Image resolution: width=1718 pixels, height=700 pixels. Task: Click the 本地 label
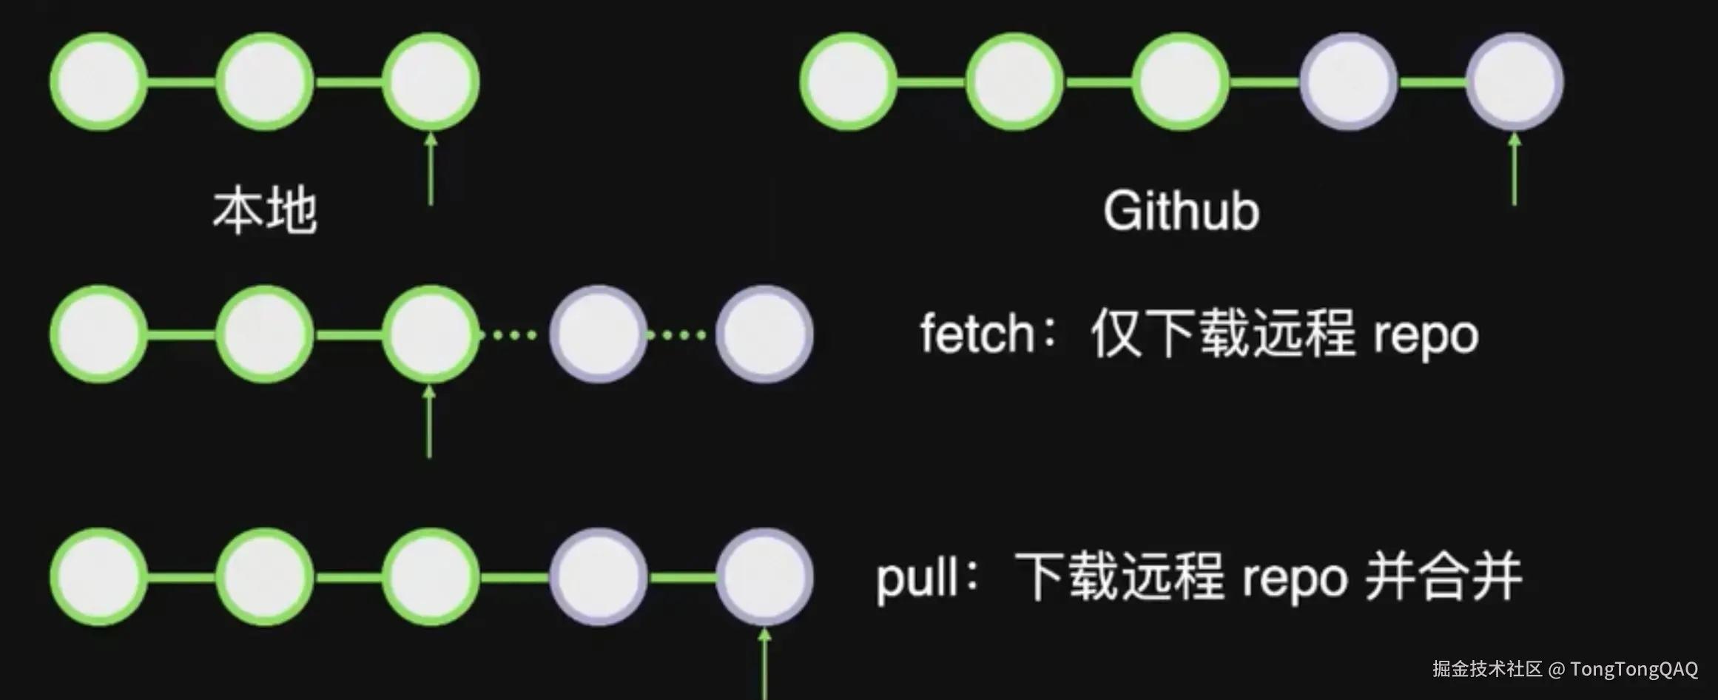265,212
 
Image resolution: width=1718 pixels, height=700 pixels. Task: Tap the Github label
1181,212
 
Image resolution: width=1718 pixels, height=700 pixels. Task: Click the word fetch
977,334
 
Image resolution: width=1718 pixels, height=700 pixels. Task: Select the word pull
917,579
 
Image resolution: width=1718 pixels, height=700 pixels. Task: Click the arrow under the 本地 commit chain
431,169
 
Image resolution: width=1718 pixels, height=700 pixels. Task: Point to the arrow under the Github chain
1514,169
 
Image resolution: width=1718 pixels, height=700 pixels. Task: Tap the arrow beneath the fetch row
429,422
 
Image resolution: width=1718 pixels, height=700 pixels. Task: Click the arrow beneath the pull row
764,662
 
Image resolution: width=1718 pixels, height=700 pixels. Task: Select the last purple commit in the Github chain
1515,81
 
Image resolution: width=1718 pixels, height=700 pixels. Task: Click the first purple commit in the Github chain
1348,81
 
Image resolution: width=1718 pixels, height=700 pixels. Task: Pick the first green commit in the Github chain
848,81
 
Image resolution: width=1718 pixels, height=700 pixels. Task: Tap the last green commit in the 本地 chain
431,81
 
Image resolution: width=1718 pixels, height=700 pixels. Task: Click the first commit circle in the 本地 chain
98,81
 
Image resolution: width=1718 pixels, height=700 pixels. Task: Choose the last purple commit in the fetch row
764,334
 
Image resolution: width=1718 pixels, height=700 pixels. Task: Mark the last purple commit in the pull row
764,577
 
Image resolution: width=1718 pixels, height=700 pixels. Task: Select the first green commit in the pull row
98,577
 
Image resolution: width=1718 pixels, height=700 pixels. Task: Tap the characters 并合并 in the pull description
1443,577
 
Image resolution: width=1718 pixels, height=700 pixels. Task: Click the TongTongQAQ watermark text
1634,670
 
